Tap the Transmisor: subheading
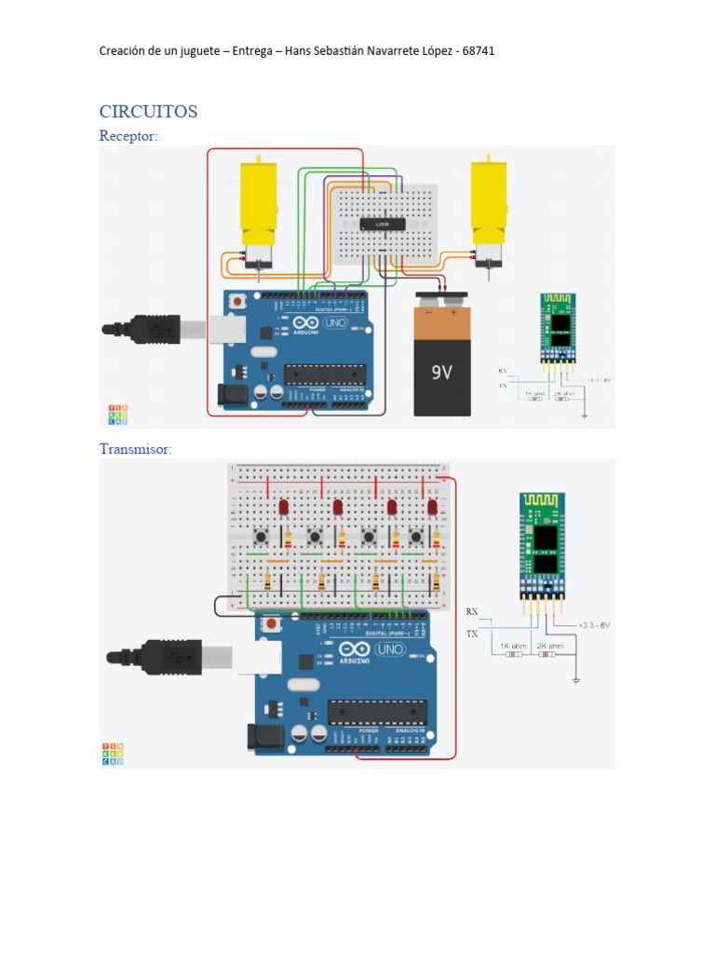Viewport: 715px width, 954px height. [136, 449]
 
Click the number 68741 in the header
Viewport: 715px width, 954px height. [477, 50]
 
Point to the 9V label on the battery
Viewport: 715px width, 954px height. [440, 373]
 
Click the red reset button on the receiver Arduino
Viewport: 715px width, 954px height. [241, 302]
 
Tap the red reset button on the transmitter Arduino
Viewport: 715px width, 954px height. [271, 623]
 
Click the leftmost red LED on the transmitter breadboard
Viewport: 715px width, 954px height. [282, 507]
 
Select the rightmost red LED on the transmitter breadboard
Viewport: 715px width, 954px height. [432, 507]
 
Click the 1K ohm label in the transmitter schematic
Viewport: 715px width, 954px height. [513, 645]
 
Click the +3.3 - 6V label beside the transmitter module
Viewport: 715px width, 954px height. [593, 625]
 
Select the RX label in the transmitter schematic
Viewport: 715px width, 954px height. [471, 611]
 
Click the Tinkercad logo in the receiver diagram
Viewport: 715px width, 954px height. [116, 415]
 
